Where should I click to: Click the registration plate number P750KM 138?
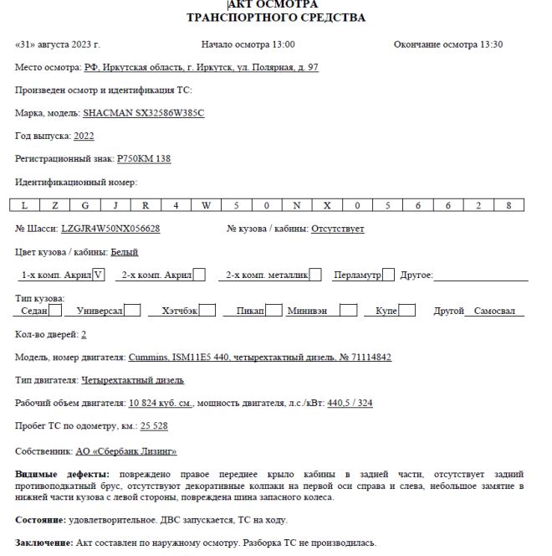point(144,158)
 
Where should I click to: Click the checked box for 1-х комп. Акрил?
point(99,275)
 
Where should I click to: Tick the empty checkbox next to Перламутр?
point(388,275)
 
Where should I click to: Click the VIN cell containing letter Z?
point(55,205)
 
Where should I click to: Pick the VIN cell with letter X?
point(326,205)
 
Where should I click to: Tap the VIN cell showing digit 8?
point(508,205)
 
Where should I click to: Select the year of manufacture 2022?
point(84,136)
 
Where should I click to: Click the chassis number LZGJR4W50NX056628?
point(110,229)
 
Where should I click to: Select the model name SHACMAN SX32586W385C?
point(143,113)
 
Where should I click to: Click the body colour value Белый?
point(125,252)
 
